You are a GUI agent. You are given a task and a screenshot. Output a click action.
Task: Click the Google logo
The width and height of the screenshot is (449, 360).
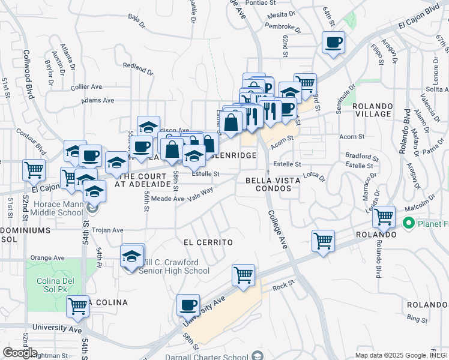20,353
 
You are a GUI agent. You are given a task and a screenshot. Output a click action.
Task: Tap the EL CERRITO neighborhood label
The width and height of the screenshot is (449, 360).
208,242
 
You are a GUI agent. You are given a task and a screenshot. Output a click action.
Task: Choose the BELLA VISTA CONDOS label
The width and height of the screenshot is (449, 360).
268,184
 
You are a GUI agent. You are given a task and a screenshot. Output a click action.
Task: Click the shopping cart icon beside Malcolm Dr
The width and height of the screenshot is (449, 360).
383,217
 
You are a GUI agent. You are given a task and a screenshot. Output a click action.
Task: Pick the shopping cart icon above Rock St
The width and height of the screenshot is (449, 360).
243,275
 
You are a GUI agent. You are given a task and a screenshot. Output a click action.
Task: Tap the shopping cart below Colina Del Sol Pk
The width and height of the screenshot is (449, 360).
77,306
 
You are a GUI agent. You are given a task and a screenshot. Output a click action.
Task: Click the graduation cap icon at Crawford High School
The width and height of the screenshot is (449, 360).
132,257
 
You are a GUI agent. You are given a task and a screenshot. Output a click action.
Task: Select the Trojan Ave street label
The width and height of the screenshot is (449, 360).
109,230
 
